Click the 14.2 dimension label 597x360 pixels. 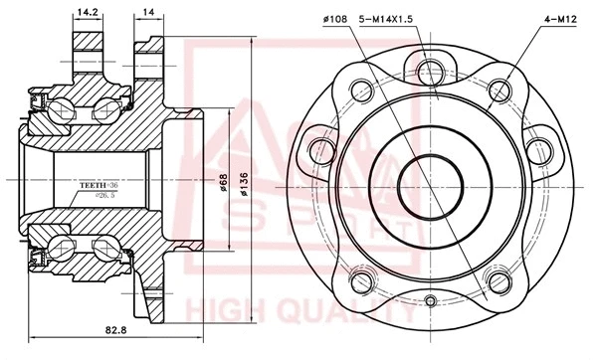pos(87,13)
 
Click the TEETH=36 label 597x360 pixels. pos(99,186)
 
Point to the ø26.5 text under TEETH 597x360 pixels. pos(104,196)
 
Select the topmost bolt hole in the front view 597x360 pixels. pos(430,69)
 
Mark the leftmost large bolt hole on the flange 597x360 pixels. pos(320,150)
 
